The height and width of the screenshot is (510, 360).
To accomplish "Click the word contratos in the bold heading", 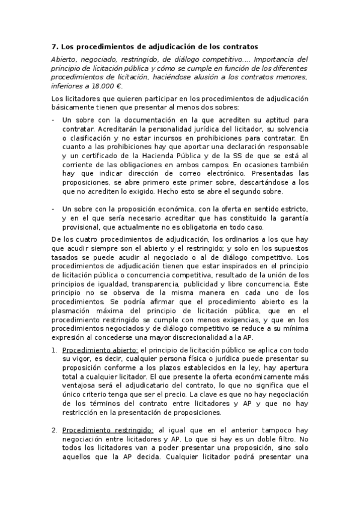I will coord(237,46).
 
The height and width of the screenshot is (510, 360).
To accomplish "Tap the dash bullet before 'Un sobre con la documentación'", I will coord(54,120).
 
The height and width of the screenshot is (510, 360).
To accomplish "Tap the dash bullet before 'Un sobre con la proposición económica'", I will coord(54,209).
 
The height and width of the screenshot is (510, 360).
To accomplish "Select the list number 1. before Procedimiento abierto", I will coord(55,350).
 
